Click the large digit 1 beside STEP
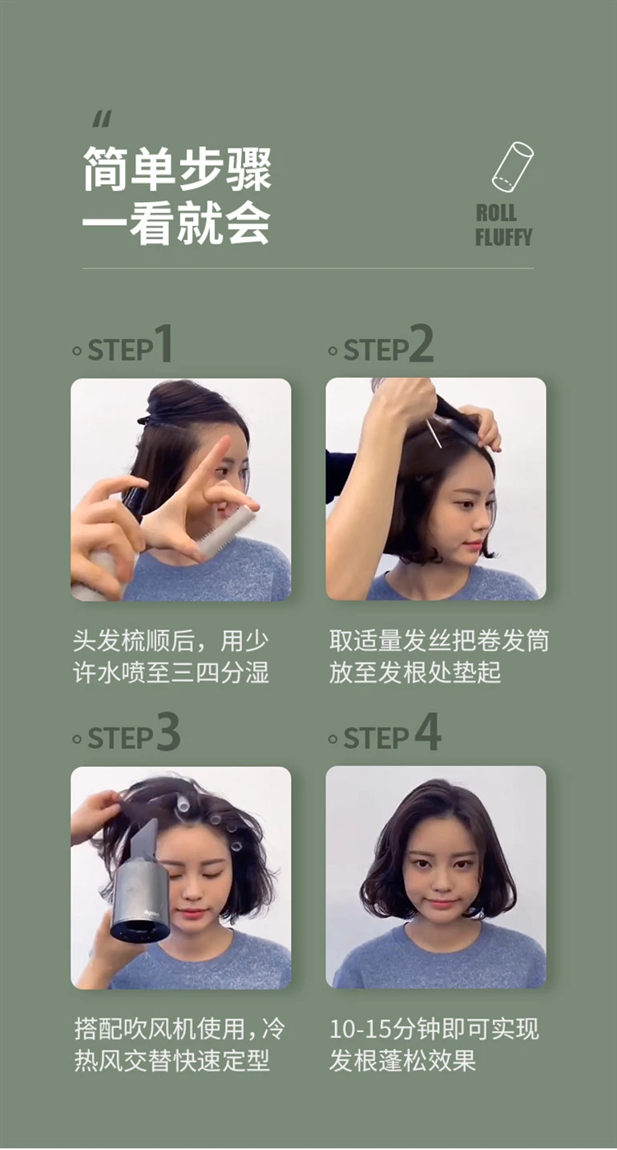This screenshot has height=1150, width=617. [163, 343]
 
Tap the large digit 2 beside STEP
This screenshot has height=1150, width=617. [421, 343]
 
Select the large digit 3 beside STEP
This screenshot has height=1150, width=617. [168, 731]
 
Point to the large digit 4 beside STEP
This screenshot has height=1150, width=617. [428, 731]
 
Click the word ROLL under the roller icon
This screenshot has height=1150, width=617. [496, 213]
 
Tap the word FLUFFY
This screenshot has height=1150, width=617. [504, 237]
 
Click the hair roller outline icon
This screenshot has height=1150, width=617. [512, 167]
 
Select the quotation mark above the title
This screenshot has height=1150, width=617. [102, 120]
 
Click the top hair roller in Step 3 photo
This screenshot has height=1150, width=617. [183, 804]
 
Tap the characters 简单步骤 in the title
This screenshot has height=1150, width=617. [177, 168]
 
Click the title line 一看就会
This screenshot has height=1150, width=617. [176, 223]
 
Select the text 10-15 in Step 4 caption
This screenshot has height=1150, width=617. [362, 1029]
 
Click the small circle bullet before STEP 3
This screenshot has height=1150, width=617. [77, 739]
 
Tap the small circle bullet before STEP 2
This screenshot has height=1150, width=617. [333, 351]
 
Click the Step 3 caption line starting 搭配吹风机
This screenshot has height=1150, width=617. [179, 1029]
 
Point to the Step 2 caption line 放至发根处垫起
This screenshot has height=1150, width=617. [415, 672]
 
